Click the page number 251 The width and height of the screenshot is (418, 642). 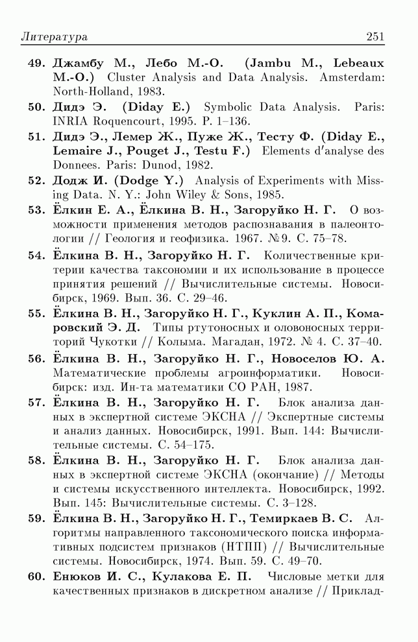point(375,37)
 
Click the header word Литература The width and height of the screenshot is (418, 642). point(54,37)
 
